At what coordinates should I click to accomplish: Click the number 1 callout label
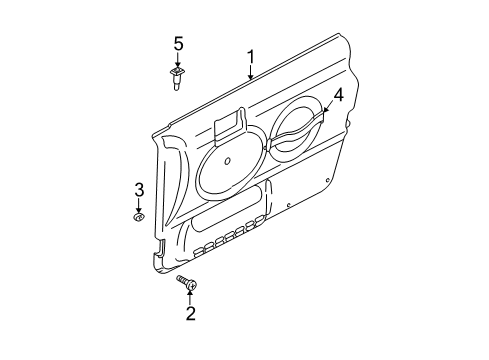pyautogui.click(x=252, y=57)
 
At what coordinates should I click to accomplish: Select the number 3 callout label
pyautogui.click(x=140, y=190)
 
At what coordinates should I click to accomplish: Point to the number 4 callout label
pyautogui.click(x=338, y=95)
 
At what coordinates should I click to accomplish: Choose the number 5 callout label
pyautogui.click(x=179, y=44)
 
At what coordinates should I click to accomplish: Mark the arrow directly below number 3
pyautogui.click(x=140, y=204)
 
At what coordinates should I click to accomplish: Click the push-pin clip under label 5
pyautogui.click(x=179, y=78)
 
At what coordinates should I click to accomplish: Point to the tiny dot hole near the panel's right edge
pyautogui.click(x=289, y=209)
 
